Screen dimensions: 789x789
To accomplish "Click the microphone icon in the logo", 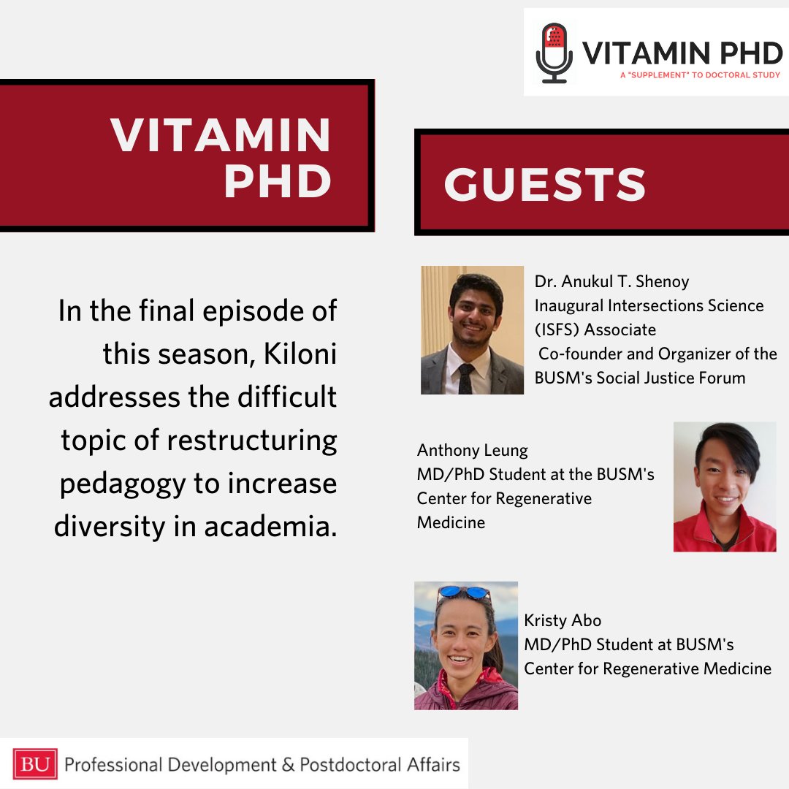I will [554, 53].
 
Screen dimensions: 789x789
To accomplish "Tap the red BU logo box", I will [34, 765].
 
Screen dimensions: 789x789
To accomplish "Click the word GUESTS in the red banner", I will [545, 184].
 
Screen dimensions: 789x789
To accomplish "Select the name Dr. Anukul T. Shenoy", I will [611, 281].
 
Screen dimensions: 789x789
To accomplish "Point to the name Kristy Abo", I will [563, 621].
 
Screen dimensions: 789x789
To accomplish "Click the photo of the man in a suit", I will [472, 330].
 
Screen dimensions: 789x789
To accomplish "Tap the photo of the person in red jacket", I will [724, 487].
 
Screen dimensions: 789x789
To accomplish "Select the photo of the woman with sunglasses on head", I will [465, 645].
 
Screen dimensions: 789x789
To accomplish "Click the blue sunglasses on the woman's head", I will [465, 592].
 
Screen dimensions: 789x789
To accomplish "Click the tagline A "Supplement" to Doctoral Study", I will [699, 75].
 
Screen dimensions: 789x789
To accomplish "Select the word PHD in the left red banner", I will [278, 182].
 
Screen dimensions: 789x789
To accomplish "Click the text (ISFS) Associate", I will [595, 329].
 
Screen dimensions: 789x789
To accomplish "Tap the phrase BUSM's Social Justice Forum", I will [640, 378].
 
